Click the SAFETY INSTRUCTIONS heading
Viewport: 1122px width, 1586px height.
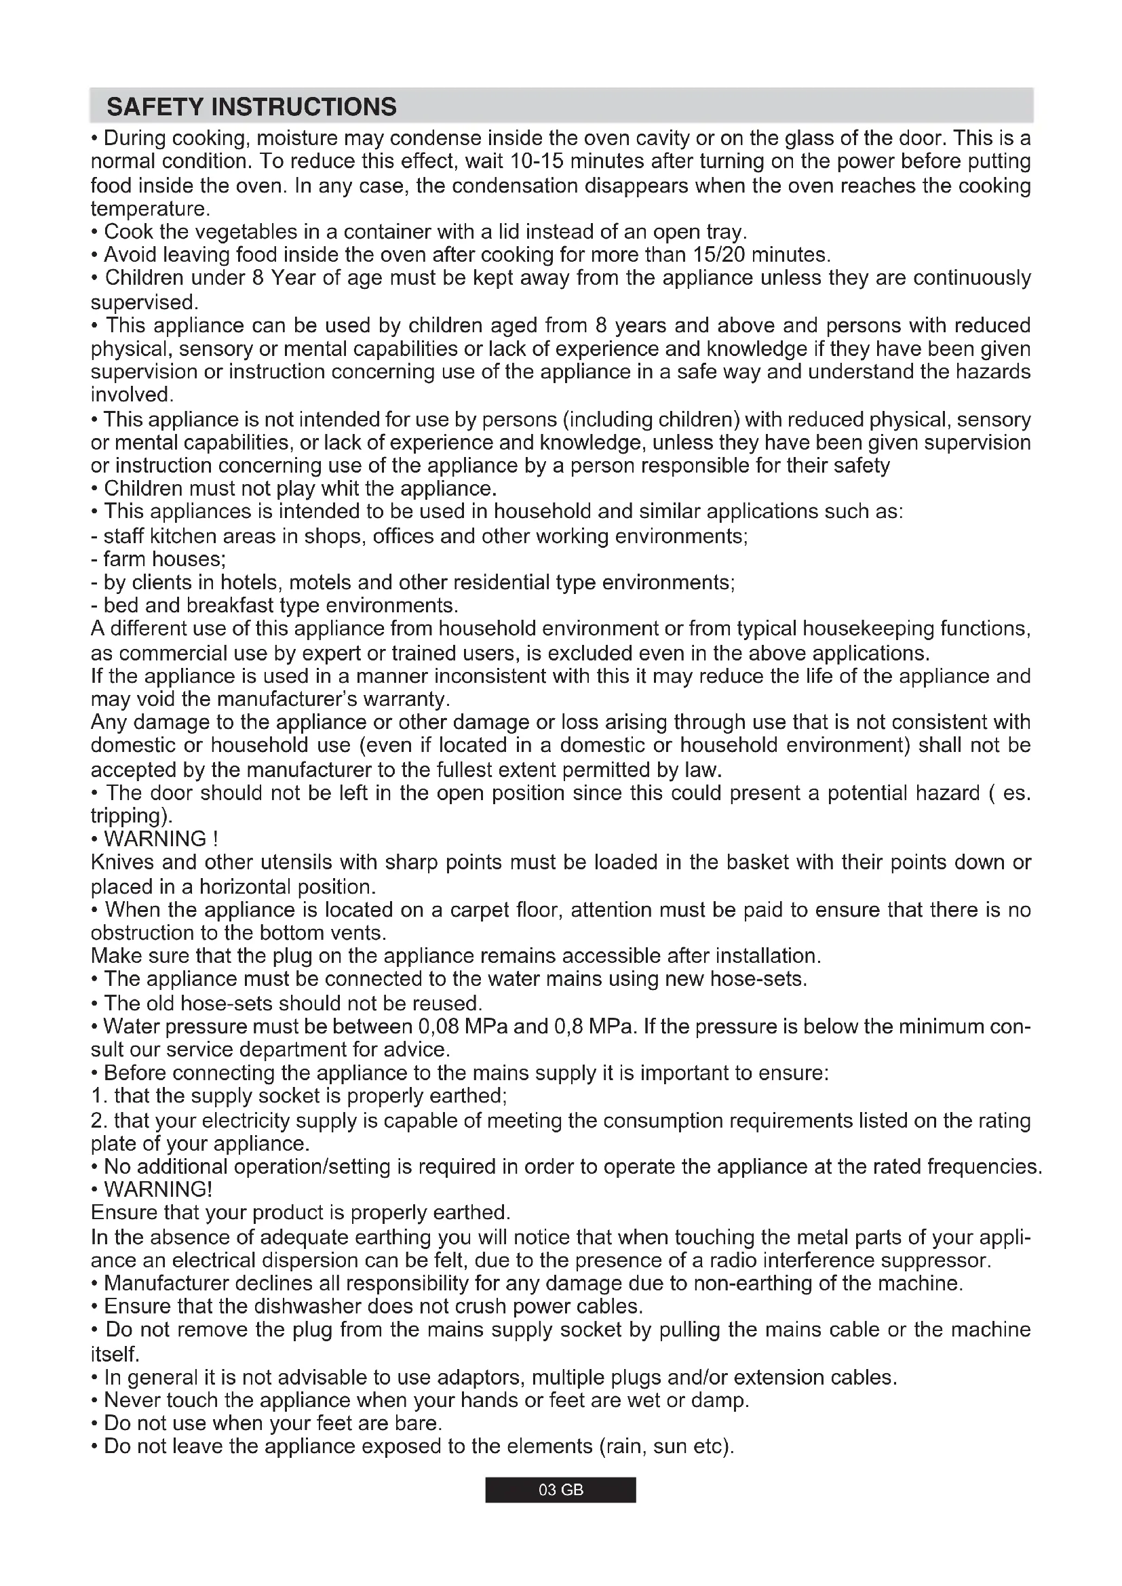click(252, 107)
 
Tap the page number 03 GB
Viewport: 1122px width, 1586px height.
click(560, 1490)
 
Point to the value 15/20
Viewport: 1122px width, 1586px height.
click(718, 255)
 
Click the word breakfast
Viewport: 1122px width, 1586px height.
click(229, 606)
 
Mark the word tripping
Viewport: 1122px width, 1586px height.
click(130, 816)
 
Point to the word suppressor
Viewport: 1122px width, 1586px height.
click(937, 1261)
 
